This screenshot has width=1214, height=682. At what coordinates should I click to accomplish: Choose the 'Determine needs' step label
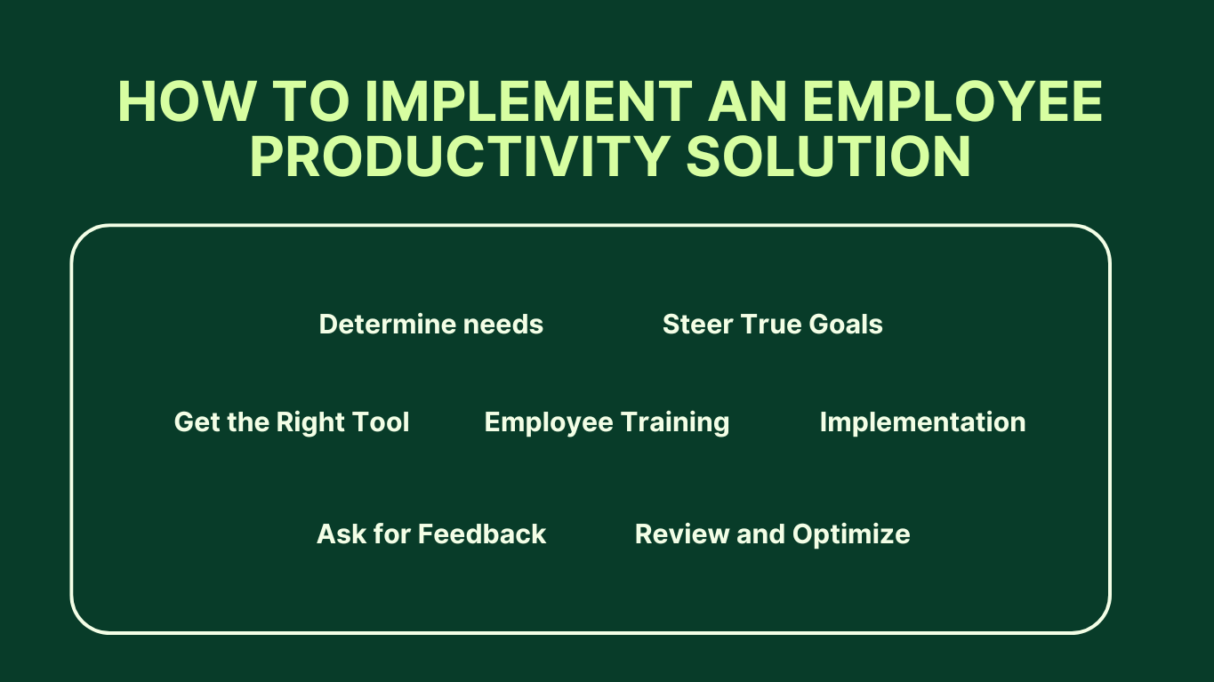coord(430,325)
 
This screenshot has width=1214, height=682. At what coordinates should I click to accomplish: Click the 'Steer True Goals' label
coord(772,325)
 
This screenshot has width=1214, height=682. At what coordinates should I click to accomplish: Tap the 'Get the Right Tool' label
coord(292,421)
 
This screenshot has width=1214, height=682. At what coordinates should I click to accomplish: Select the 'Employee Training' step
coord(607,421)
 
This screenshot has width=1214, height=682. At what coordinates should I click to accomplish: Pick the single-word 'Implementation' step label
coord(922,421)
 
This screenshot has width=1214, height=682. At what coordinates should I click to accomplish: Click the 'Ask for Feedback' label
coord(431,534)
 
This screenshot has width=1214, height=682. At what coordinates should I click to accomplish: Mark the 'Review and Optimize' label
coord(772,534)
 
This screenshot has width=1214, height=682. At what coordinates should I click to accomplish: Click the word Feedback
coord(482,534)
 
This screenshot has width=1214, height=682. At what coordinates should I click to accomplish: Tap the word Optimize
coord(851,535)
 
